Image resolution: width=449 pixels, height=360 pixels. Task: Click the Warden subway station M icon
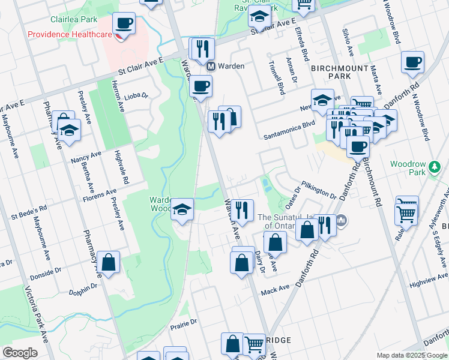coord(211,66)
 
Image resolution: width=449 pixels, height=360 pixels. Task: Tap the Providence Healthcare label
coord(70,34)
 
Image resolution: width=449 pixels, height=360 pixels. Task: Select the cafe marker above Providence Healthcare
coord(124,24)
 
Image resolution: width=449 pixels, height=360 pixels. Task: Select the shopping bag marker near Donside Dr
coord(109,262)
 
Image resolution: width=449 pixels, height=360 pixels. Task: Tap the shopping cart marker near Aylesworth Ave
coord(406,211)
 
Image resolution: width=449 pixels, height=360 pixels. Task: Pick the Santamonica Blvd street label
coord(289,137)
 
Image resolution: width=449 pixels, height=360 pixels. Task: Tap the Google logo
coord(20,353)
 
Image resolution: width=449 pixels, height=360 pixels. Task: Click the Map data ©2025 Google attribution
coord(411,355)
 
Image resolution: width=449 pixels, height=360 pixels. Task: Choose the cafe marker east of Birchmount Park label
coord(413,62)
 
